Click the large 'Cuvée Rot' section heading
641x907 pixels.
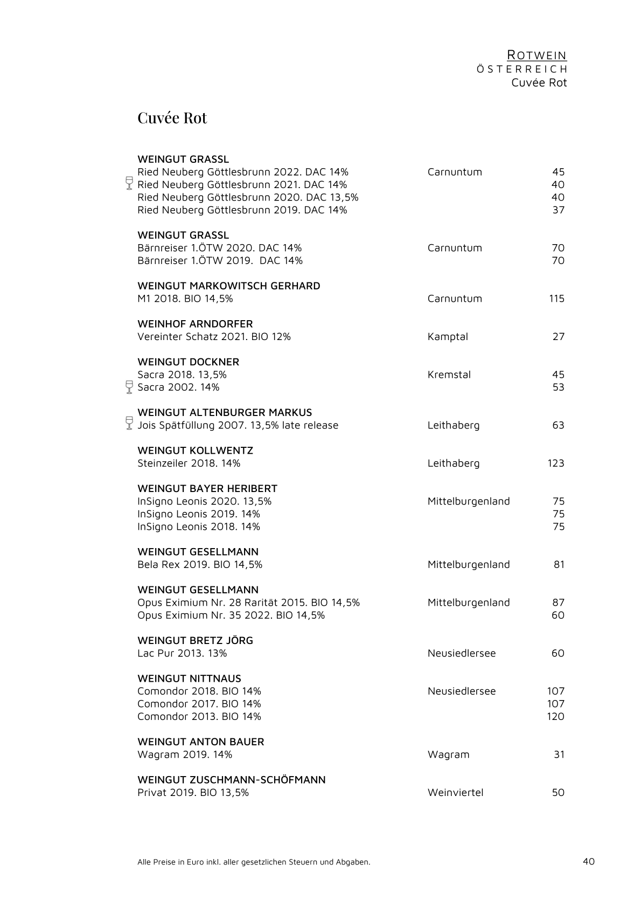172,118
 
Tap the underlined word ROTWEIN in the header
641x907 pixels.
537,56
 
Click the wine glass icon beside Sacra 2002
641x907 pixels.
129,387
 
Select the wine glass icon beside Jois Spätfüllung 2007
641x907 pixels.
129,423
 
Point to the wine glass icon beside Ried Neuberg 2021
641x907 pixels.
129,183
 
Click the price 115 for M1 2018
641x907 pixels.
556,299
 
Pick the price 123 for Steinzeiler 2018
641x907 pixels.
556,463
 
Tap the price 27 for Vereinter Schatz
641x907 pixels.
559,337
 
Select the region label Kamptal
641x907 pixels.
448,337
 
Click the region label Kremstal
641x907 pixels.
449,375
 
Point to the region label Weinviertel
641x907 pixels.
455,792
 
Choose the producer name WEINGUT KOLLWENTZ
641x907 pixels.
195,451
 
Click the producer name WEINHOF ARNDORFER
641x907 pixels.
195,324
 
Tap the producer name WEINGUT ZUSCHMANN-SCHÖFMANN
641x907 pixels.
232,780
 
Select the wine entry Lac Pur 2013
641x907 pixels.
182,653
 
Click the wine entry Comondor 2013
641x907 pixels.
199,716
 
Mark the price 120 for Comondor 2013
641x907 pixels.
556,716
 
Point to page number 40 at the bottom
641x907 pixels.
589,861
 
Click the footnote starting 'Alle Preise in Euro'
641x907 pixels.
254,862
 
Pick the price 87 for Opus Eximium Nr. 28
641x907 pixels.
558,603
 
